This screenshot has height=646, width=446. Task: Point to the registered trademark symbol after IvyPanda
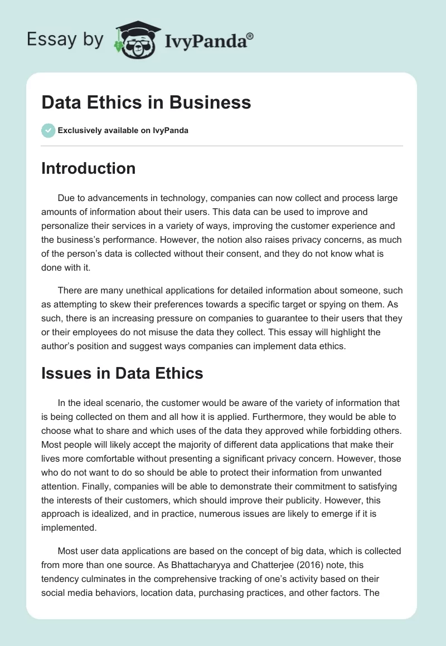pos(250,36)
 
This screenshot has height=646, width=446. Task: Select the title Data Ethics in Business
pos(146,102)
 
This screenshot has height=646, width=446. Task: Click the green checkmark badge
pos(48,130)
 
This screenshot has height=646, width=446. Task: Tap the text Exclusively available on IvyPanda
pos(123,131)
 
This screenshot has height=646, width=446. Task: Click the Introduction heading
pos(88,168)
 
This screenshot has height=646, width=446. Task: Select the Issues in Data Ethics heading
pos(122,373)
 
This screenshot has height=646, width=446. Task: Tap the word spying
pos(341,305)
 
